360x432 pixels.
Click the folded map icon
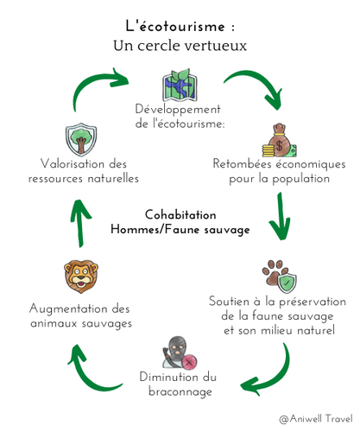point(180,85)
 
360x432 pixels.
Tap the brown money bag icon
point(279,140)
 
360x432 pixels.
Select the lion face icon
point(81,276)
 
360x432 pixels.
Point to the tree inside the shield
point(81,139)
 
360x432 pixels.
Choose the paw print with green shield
point(280,276)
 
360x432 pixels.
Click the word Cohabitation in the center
point(180,215)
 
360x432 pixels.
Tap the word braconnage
point(180,391)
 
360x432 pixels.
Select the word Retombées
point(242,163)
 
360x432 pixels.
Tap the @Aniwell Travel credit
point(316,418)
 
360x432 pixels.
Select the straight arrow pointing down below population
point(280,216)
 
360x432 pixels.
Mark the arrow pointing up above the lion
point(80,223)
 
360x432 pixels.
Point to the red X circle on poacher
point(190,362)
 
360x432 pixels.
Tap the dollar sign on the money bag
point(279,145)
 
